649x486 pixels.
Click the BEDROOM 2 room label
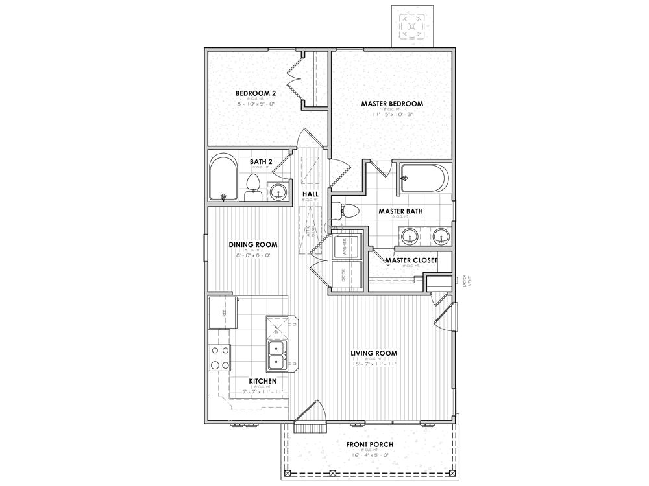pyautogui.click(x=256, y=93)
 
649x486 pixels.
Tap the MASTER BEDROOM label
pyautogui.click(x=393, y=104)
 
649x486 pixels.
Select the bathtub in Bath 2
pyautogui.click(x=224, y=177)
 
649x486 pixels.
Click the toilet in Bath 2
pyautogui.click(x=252, y=187)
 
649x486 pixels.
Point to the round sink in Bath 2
pyautogui.click(x=278, y=191)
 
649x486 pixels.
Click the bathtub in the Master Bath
pyautogui.click(x=423, y=178)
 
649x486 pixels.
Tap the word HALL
pyautogui.click(x=310, y=194)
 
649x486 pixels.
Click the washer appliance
pyautogui.click(x=345, y=246)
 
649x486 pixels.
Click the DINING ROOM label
pyautogui.click(x=253, y=244)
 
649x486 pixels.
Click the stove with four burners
pyautogui.click(x=219, y=357)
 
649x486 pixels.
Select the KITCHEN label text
pyautogui.click(x=263, y=381)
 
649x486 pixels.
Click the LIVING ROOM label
pyautogui.click(x=374, y=353)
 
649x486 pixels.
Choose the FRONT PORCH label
pyautogui.click(x=369, y=444)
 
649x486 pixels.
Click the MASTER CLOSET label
pyautogui.click(x=410, y=260)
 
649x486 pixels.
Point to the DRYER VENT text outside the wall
pyautogui.click(x=463, y=280)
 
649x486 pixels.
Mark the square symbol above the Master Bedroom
pyautogui.click(x=412, y=26)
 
